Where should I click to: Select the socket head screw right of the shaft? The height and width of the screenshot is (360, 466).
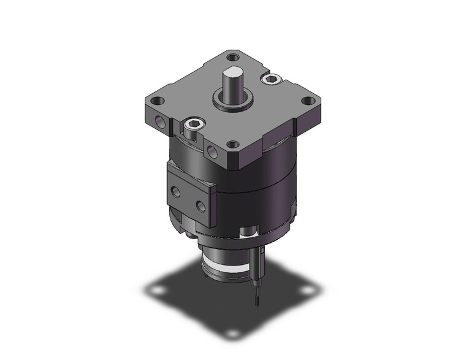270,79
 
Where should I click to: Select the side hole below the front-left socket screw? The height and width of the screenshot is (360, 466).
212,150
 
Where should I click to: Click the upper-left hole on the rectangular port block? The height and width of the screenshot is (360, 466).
177,192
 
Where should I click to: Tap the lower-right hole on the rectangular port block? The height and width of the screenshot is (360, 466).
199,203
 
